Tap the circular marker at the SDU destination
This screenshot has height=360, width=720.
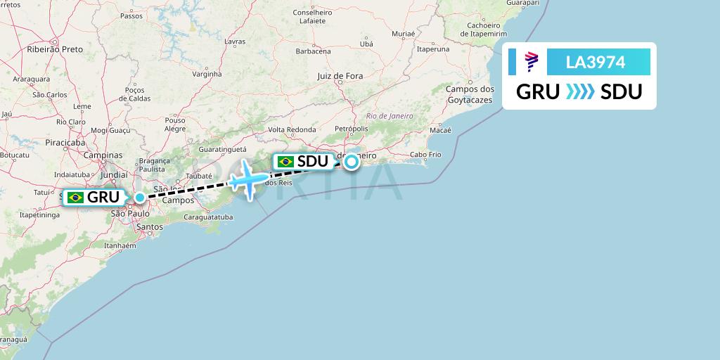pos(350,162)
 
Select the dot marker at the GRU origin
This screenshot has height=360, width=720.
pos(141,198)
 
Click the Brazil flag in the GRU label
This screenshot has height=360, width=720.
pos(75,198)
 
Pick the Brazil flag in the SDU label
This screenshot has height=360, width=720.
pos(285,162)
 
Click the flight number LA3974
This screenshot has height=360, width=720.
pos(596,62)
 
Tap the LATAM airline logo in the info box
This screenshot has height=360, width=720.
pos(532,62)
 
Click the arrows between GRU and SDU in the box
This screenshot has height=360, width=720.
pos(580,92)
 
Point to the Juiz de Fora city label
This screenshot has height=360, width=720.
pos(340,76)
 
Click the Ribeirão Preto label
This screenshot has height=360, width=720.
pos(54,49)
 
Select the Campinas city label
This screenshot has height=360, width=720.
pos(103,155)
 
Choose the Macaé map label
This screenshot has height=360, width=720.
pos(440,130)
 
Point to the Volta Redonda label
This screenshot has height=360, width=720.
pos(292,129)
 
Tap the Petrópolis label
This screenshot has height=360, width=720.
pos(351,129)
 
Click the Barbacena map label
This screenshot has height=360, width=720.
pos(313,51)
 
